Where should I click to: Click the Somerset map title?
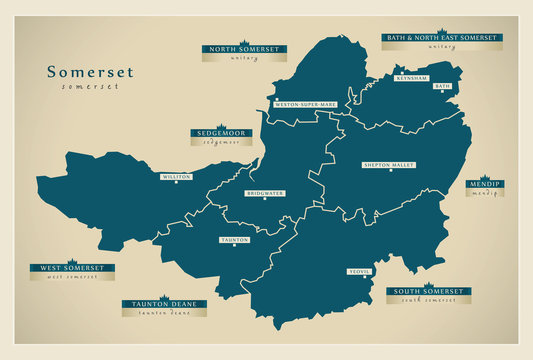click(x=90, y=72)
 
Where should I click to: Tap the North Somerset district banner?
click(x=244, y=48)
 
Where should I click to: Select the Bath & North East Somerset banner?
click(x=441, y=38)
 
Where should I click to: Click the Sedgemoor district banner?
click(x=221, y=133)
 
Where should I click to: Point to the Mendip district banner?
click(x=484, y=185)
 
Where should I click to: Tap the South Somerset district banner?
click(x=427, y=291)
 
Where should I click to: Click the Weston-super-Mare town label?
click(x=305, y=103)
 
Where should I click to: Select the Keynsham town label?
click(x=412, y=77)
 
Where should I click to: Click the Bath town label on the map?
click(x=442, y=86)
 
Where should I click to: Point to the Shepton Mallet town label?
click(x=390, y=165)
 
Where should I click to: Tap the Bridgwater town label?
click(x=265, y=192)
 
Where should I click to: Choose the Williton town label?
click(x=176, y=177)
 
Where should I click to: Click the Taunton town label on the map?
click(x=235, y=240)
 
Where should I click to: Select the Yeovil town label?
click(x=359, y=271)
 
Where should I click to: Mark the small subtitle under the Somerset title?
click(x=90, y=87)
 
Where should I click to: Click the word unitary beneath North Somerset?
click(x=244, y=58)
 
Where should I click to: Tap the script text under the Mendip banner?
click(x=484, y=193)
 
